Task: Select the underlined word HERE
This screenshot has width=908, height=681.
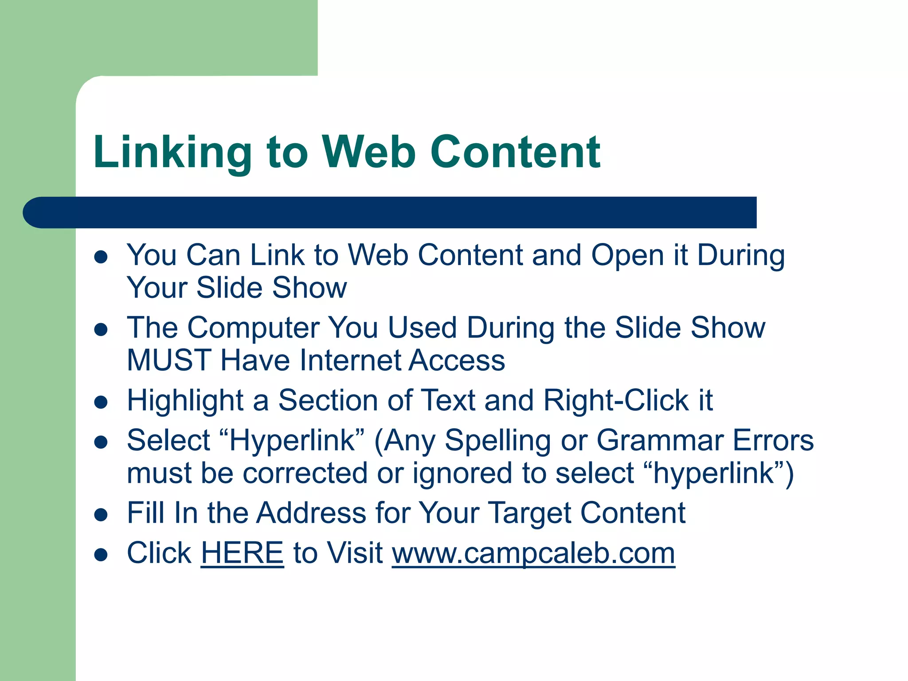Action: pyautogui.click(x=242, y=553)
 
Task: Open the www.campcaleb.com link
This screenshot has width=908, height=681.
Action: pyautogui.click(x=533, y=553)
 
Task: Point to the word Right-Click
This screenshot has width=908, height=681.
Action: pyautogui.click(x=616, y=400)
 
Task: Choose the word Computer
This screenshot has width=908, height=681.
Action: pyautogui.click(x=253, y=328)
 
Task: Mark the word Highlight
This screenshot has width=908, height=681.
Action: pyautogui.click(x=185, y=401)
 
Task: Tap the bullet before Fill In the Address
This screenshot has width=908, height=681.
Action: pyautogui.click(x=102, y=514)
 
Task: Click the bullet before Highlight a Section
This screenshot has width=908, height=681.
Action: pyautogui.click(x=102, y=402)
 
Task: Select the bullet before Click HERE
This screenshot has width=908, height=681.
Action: pyautogui.click(x=102, y=554)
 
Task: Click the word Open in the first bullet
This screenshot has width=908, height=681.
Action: pyautogui.click(x=627, y=256)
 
